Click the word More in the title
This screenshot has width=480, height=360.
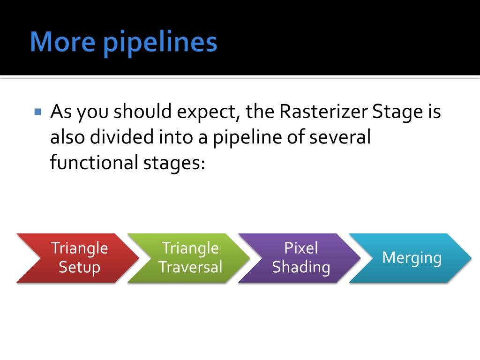point(62,42)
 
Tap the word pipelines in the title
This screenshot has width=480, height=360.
point(160,43)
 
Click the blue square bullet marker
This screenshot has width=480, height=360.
point(38,112)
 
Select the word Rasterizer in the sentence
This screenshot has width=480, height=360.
point(323,111)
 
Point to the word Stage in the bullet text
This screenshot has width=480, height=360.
point(397,112)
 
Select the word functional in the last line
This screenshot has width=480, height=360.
point(94,162)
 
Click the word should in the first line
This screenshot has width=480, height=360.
point(142,111)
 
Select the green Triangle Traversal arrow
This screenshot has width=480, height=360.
point(189,258)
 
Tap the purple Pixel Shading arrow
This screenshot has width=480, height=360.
point(300,258)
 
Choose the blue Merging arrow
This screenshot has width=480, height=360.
point(411,258)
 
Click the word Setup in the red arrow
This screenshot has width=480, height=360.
point(80,268)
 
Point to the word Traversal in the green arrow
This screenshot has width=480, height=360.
point(190,267)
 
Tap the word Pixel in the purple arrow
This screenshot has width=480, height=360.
point(301,247)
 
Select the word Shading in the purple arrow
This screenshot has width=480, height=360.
point(301,268)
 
